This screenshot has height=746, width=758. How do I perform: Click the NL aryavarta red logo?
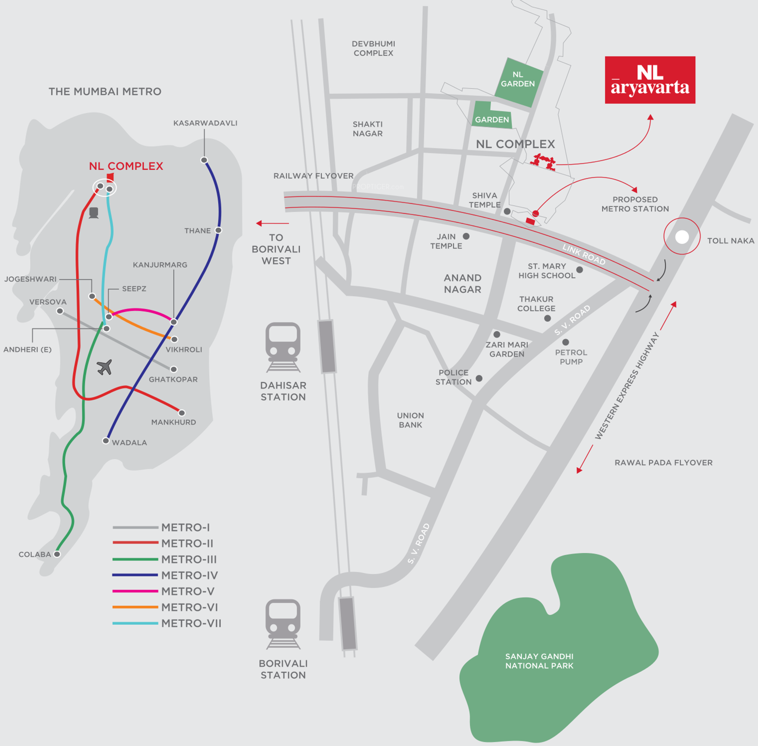coord(650,80)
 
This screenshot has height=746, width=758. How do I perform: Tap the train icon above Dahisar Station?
coord(283,347)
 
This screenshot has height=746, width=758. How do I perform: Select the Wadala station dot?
coord(106,441)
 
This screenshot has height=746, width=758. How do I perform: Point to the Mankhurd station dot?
coord(182,413)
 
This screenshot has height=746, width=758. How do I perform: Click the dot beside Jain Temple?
coord(466,236)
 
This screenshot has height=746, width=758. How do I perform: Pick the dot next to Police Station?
coord(479,378)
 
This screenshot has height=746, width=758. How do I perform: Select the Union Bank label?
coord(410,420)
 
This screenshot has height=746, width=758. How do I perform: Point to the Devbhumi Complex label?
coord(373,48)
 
